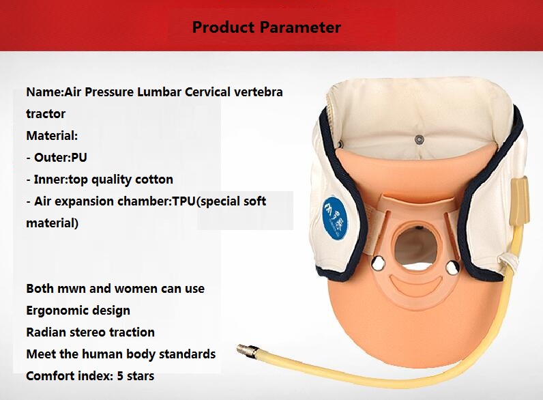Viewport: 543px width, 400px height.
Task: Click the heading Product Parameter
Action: [266, 27]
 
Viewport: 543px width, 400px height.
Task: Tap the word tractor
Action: [46, 114]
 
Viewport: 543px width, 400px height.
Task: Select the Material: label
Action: [52, 136]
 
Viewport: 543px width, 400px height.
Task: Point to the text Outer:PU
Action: [60, 158]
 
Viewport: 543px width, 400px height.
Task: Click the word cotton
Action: [154, 180]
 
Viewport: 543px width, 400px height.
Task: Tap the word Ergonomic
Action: [55, 311]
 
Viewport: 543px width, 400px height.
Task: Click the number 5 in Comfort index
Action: [120, 375]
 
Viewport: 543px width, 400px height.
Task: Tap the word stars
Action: [141, 376]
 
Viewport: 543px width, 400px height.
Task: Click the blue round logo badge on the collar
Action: [335, 217]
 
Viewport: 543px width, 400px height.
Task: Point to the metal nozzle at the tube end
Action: [248, 351]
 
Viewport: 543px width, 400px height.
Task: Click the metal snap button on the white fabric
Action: [420, 140]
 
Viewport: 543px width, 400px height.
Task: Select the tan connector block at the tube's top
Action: [519, 201]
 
